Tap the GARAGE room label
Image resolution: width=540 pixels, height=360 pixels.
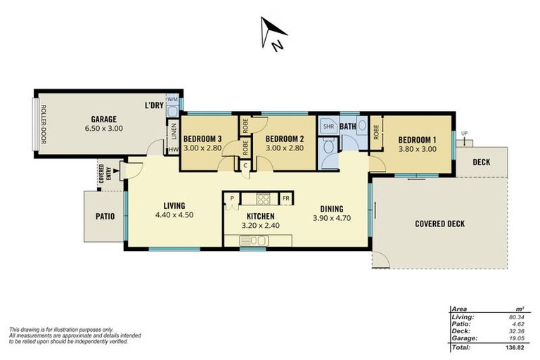pyautogui.click(x=103, y=119)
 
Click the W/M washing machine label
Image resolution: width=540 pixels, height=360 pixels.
pyautogui.click(x=172, y=99)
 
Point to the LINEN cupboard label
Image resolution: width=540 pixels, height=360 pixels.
pyautogui.click(x=172, y=131)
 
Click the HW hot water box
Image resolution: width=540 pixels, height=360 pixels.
pyautogui.click(x=173, y=149)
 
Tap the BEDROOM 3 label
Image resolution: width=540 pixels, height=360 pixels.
pyautogui.click(x=202, y=139)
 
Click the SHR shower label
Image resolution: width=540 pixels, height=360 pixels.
pyautogui.click(x=328, y=127)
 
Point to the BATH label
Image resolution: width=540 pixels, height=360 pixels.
pyautogui.click(x=348, y=127)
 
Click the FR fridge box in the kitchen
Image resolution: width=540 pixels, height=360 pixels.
pyautogui.click(x=285, y=198)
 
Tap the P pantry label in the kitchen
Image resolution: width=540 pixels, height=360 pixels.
pyautogui.click(x=231, y=199)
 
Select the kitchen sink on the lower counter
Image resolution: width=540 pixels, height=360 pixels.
pyautogui.click(x=252, y=241)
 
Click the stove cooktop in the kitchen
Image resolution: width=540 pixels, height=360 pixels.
pyautogui.click(x=263, y=198)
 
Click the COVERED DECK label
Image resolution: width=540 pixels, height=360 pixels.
pyautogui.click(x=440, y=224)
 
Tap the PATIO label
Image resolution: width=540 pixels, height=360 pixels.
pyautogui.click(x=105, y=216)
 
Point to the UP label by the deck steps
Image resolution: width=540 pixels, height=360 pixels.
pyautogui.click(x=464, y=134)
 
